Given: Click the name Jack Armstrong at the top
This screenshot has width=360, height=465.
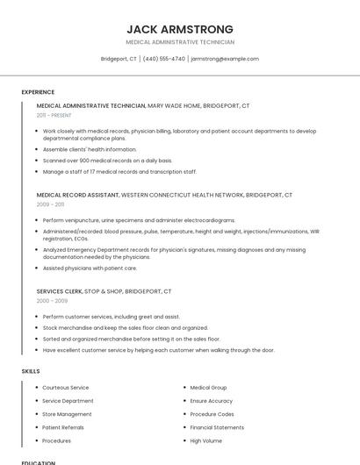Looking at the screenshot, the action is click(x=180, y=28).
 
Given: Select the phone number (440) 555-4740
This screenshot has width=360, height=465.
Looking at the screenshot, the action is click(x=163, y=59).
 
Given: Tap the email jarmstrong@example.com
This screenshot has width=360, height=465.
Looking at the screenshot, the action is click(x=225, y=59).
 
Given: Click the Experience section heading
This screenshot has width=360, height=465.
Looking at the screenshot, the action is click(x=38, y=92).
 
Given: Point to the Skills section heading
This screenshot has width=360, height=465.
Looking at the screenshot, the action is click(x=31, y=371).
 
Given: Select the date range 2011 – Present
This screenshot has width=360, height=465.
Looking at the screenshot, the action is click(x=54, y=115).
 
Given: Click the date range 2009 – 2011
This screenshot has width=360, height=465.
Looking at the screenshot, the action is click(x=50, y=204).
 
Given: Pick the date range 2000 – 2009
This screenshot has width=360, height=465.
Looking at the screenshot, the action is click(x=52, y=300).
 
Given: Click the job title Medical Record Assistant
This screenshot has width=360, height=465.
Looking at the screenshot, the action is click(x=77, y=194).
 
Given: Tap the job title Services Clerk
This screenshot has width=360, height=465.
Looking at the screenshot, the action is click(x=60, y=290).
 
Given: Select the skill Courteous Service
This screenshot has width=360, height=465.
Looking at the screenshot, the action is click(x=66, y=387).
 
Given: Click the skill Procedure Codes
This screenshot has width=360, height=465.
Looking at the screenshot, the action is click(x=212, y=413).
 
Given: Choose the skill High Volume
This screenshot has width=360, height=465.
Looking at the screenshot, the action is click(x=206, y=440).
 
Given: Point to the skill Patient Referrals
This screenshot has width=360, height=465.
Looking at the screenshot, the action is click(x=64, y=427).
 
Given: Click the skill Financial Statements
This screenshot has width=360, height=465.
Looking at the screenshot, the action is click(x=217, y=427).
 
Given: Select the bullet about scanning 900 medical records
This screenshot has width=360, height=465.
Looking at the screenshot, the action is click(x=107, y=161).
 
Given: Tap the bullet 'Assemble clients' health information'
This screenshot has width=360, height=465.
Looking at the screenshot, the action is click(x=90, y=149).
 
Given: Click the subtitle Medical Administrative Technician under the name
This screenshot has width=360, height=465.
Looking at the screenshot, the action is click(x=180, y=42).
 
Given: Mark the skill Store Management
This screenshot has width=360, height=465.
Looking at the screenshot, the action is click(x=67, y=414).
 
